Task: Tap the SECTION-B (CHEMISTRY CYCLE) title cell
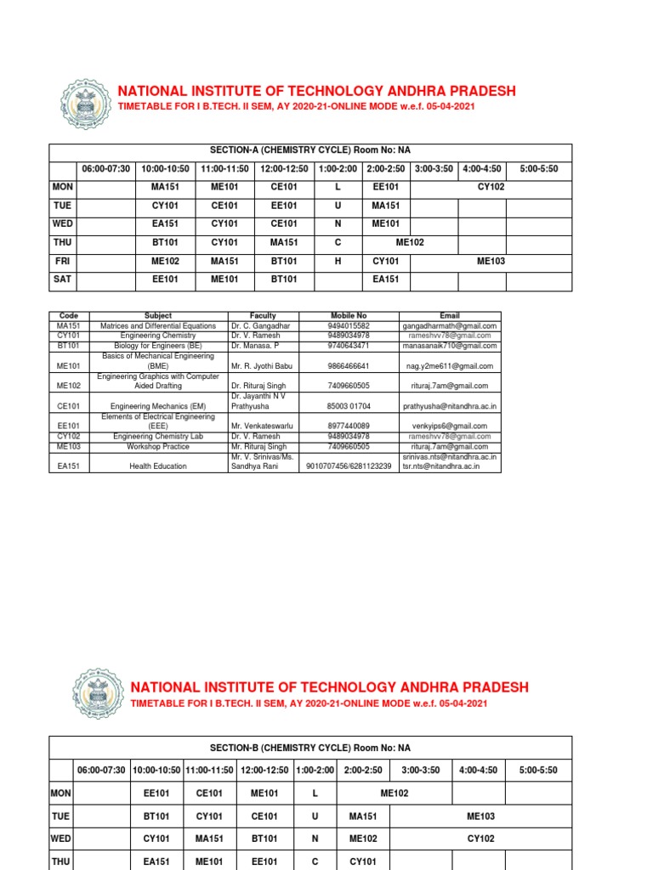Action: click(309, 748)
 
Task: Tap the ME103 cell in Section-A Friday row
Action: click(491, 262)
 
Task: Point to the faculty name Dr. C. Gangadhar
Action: click(258, 325)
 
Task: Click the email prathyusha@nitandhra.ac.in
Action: click(450, 407)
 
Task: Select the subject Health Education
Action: click(158, 466)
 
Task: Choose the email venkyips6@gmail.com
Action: click(450, 426)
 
